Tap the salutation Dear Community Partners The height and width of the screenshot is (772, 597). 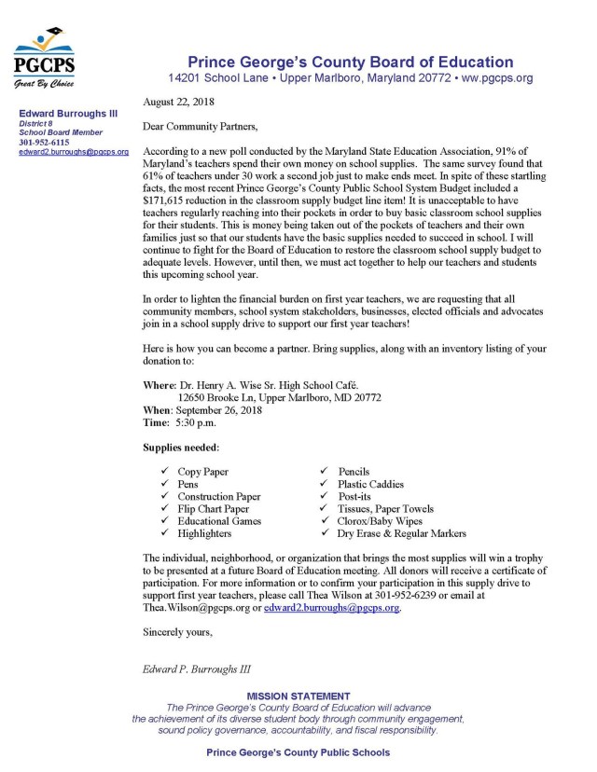[204, 124]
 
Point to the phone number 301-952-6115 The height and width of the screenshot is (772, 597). [39, 144]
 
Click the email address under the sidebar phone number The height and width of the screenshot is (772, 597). [74, 152]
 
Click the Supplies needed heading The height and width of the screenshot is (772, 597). [182, 448]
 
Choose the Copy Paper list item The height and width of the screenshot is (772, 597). [202, 473]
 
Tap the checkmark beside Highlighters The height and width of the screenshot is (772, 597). [164, 534]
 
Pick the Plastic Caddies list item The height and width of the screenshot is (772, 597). [371, 485]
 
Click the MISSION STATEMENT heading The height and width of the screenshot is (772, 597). [298, 696]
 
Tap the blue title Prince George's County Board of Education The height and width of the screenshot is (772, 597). [350, 62]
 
